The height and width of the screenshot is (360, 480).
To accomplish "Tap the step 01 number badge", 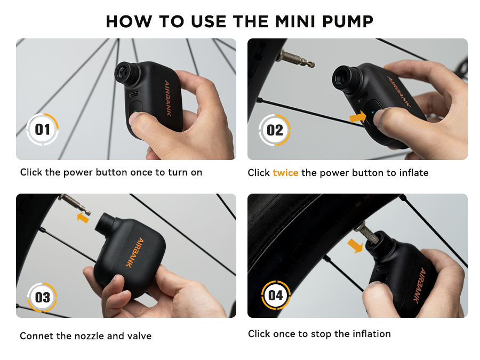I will [43, 130].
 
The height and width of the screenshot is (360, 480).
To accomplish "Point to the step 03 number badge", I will [43, 297].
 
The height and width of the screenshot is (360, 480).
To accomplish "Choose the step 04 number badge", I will [276, 295].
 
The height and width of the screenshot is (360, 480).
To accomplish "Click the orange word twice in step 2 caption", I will [285, 173].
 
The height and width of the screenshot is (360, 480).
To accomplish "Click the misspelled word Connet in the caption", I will [36, 336].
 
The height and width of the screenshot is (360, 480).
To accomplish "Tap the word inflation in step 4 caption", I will [370, 334].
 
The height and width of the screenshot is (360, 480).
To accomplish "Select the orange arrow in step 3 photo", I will [83, 217].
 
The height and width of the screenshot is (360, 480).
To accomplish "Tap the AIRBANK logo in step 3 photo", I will [131, 251].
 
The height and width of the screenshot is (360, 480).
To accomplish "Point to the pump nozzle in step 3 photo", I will [105, 224].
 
